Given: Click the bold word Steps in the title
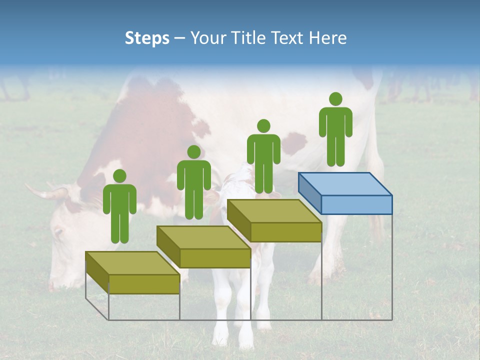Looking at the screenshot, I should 147,38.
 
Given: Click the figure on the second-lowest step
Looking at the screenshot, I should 193,182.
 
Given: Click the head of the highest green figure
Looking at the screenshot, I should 335,99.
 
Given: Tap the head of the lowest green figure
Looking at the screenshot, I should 119,176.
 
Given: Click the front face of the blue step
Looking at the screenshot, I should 356,204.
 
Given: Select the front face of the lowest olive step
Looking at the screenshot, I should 144,284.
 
